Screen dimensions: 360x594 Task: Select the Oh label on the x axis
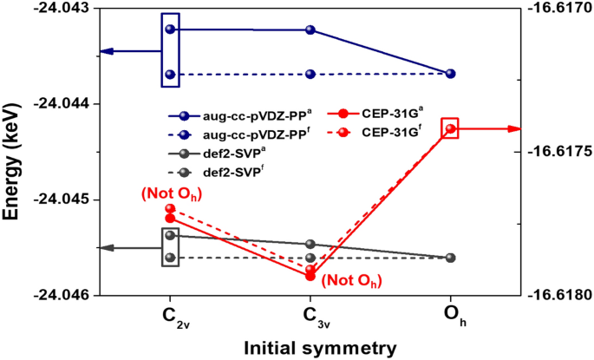coord(450,316)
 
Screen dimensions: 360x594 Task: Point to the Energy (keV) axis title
coord(12,152)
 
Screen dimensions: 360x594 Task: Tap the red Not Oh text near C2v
coord(170,192)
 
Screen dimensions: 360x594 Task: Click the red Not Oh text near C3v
coord(350,280)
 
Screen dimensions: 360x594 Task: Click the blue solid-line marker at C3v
coord(310,29)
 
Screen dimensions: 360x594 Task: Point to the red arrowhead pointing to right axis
coord(515,128)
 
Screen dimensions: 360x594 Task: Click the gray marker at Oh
coord(450,258)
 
